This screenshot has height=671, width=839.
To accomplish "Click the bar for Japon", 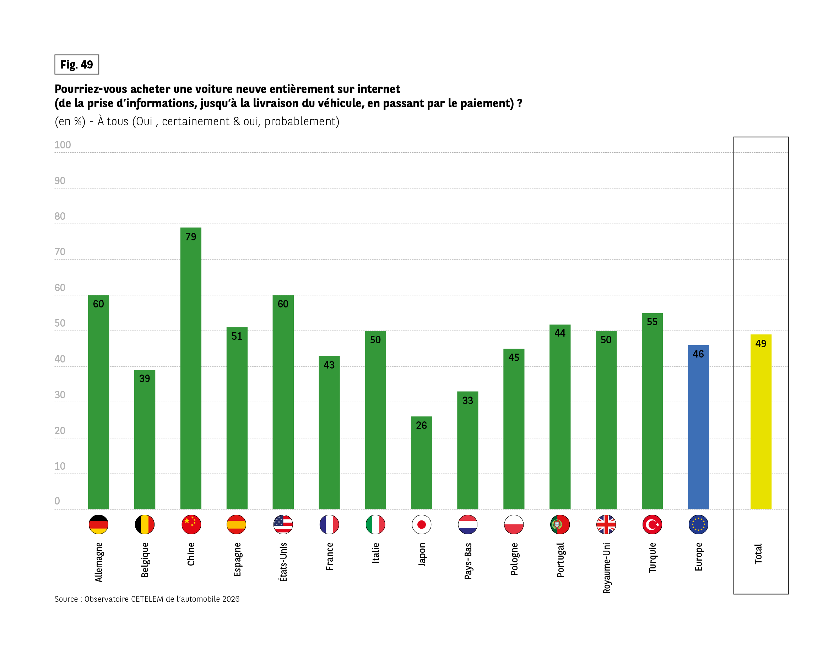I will pos(421,467).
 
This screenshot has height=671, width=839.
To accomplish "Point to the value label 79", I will pos(191,237).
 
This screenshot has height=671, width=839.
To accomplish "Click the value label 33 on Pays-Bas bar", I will pos(467,400).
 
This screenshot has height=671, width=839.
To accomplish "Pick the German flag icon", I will pos(98,524).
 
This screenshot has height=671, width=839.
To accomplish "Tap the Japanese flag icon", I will pos(421,524).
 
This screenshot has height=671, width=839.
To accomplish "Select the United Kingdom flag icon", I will pos(606,524).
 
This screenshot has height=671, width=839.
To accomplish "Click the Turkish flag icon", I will pos(652,524).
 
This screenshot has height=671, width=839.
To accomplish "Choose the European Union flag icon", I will pos(698,524).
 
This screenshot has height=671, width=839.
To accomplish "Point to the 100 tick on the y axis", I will pos(63,145).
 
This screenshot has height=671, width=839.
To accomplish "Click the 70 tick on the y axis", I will pos(60,252).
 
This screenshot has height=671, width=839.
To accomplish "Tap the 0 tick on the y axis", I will pos(57,501).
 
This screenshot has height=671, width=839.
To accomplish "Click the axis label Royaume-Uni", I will pos(606,568).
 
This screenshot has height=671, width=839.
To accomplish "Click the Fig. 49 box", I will pos(77,65).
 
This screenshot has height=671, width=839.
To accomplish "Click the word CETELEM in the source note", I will pos(147,599).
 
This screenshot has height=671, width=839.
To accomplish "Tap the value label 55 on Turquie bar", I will pos(652,322).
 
